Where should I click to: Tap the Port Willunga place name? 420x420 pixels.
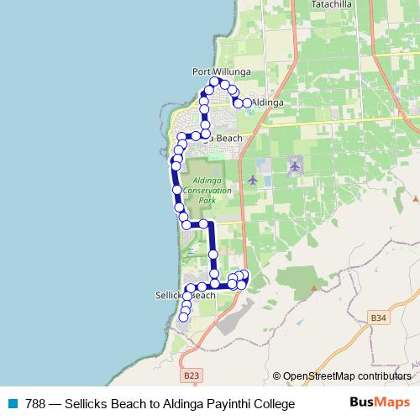[217, 71]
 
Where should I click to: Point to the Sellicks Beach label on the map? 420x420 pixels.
[186, 296]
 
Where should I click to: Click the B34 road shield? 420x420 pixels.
[379, 318]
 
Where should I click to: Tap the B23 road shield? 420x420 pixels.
[191, 375]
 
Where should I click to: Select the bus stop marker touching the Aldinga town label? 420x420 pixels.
[247, 103]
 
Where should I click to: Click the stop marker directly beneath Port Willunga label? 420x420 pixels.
[215, 82]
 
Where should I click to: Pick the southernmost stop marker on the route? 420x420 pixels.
[184, 318]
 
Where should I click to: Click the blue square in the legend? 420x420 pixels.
[12, 404]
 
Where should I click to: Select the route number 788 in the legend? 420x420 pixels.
[35, 404]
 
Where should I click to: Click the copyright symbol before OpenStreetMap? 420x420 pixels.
[277, 375]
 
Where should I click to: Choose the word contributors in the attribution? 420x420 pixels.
[386, 375]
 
